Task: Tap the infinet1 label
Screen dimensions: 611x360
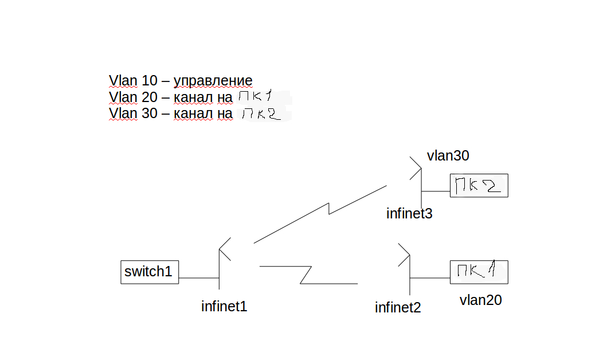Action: [x=224, y=306]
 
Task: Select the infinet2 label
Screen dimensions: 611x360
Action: [x=398, y=307]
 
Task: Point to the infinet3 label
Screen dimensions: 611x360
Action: [x=409, y=213]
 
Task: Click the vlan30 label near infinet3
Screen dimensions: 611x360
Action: [x=448, y=155]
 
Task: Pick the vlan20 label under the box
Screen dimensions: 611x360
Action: [x=480, y=300]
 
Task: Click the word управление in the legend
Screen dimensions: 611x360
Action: [x=213, y=81]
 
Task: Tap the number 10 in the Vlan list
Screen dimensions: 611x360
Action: [x=149, y=80]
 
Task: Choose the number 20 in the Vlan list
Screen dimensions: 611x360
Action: [x=149, y=97]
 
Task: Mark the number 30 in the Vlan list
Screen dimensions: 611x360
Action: [x=149, y=113]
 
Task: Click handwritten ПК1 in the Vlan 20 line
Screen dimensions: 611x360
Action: [x=256, y=96]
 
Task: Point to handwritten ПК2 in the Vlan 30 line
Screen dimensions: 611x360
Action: [x=261, y=114]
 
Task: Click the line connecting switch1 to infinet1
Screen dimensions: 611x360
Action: [x=199, y=278]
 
